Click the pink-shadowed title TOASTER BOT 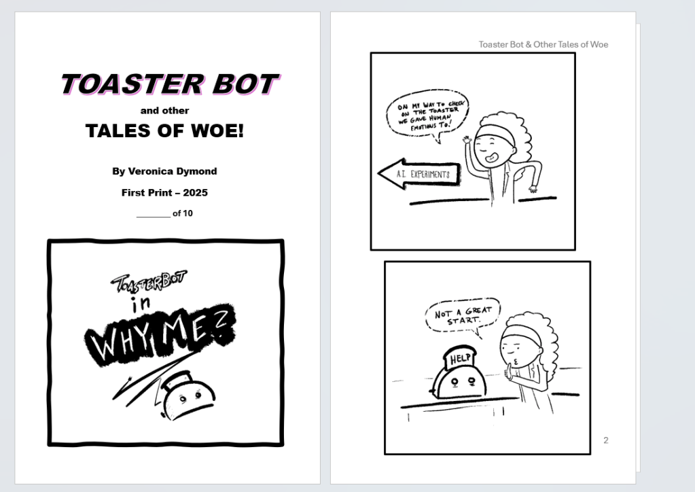[x=170, y=84]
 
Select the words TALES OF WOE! [x=164, y=130]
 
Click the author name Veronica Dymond [x=173, y=171]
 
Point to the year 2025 [x=195, y=192]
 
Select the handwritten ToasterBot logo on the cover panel [x=149, y=282]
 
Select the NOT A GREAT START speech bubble [x=463, y=316]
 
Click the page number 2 [x=606, y=440]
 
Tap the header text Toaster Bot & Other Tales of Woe [x=543, y=44]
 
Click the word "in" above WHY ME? [x=141, y=303]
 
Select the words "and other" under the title [x=164, y=110]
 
